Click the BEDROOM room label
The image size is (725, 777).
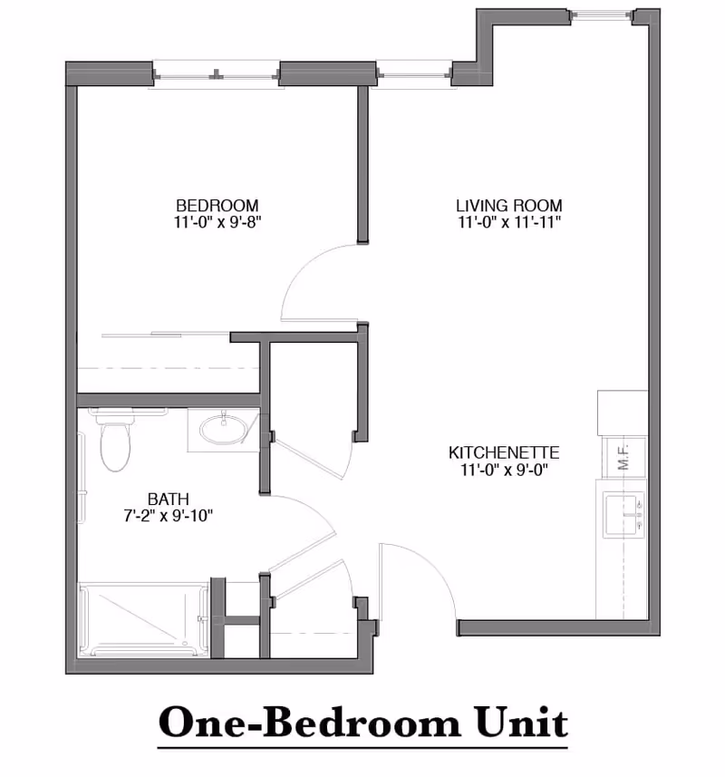(217, 205)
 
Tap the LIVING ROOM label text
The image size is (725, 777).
(508, 205)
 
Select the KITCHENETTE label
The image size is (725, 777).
(505, 452)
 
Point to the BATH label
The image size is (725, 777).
(169, 498)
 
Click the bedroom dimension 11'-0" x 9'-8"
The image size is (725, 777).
(217, 221)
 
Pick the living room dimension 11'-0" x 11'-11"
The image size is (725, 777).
(508, 221)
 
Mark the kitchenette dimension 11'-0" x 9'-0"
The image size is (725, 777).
(505, 469)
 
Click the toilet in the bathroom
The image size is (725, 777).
(115, 442)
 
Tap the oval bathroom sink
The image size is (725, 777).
(223, 429)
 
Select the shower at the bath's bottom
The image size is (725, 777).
(145, 620)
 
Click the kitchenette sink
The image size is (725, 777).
(623, 514)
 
